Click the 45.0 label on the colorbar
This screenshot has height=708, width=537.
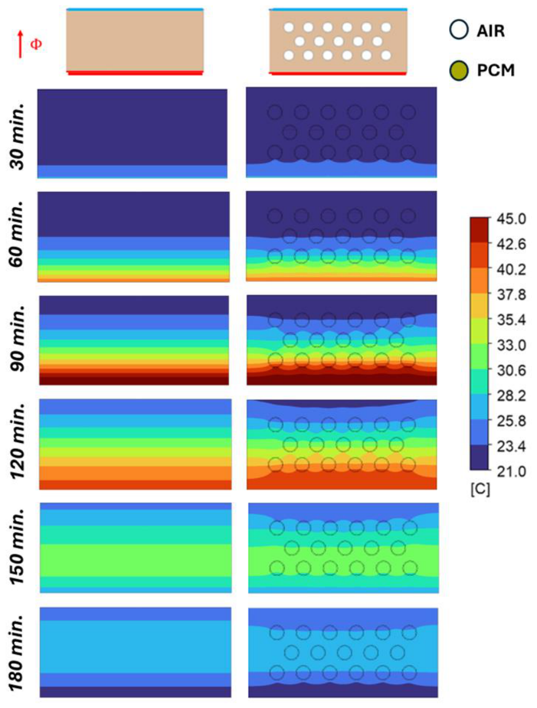click(x=511, y=219)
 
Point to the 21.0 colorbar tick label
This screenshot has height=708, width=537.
click(x=511, y=472)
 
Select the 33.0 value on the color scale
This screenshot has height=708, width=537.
click(x=511, y=345)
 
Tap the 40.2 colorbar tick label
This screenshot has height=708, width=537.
click(x=511, y=269)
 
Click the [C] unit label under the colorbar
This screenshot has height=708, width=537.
click(x=480, y=490)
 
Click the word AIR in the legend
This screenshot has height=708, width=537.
click(x=491, y=31)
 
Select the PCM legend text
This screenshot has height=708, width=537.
click(x=496, y=70)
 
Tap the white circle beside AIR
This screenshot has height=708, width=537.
click(x=459, y=30)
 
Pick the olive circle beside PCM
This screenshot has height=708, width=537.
click(x=459, y=70)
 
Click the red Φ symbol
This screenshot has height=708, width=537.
click(x=36, y=44)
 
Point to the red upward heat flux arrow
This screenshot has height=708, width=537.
click(x=20, y=44)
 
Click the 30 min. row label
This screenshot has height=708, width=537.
click(x=18, y=135)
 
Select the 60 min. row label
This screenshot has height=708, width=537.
click(x=18, y=234)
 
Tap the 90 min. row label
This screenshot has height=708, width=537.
click(x=18, y=339)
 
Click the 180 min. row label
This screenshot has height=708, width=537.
click(x=18, y=651)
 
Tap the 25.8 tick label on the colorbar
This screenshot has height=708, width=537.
click(x=511, y=421)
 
